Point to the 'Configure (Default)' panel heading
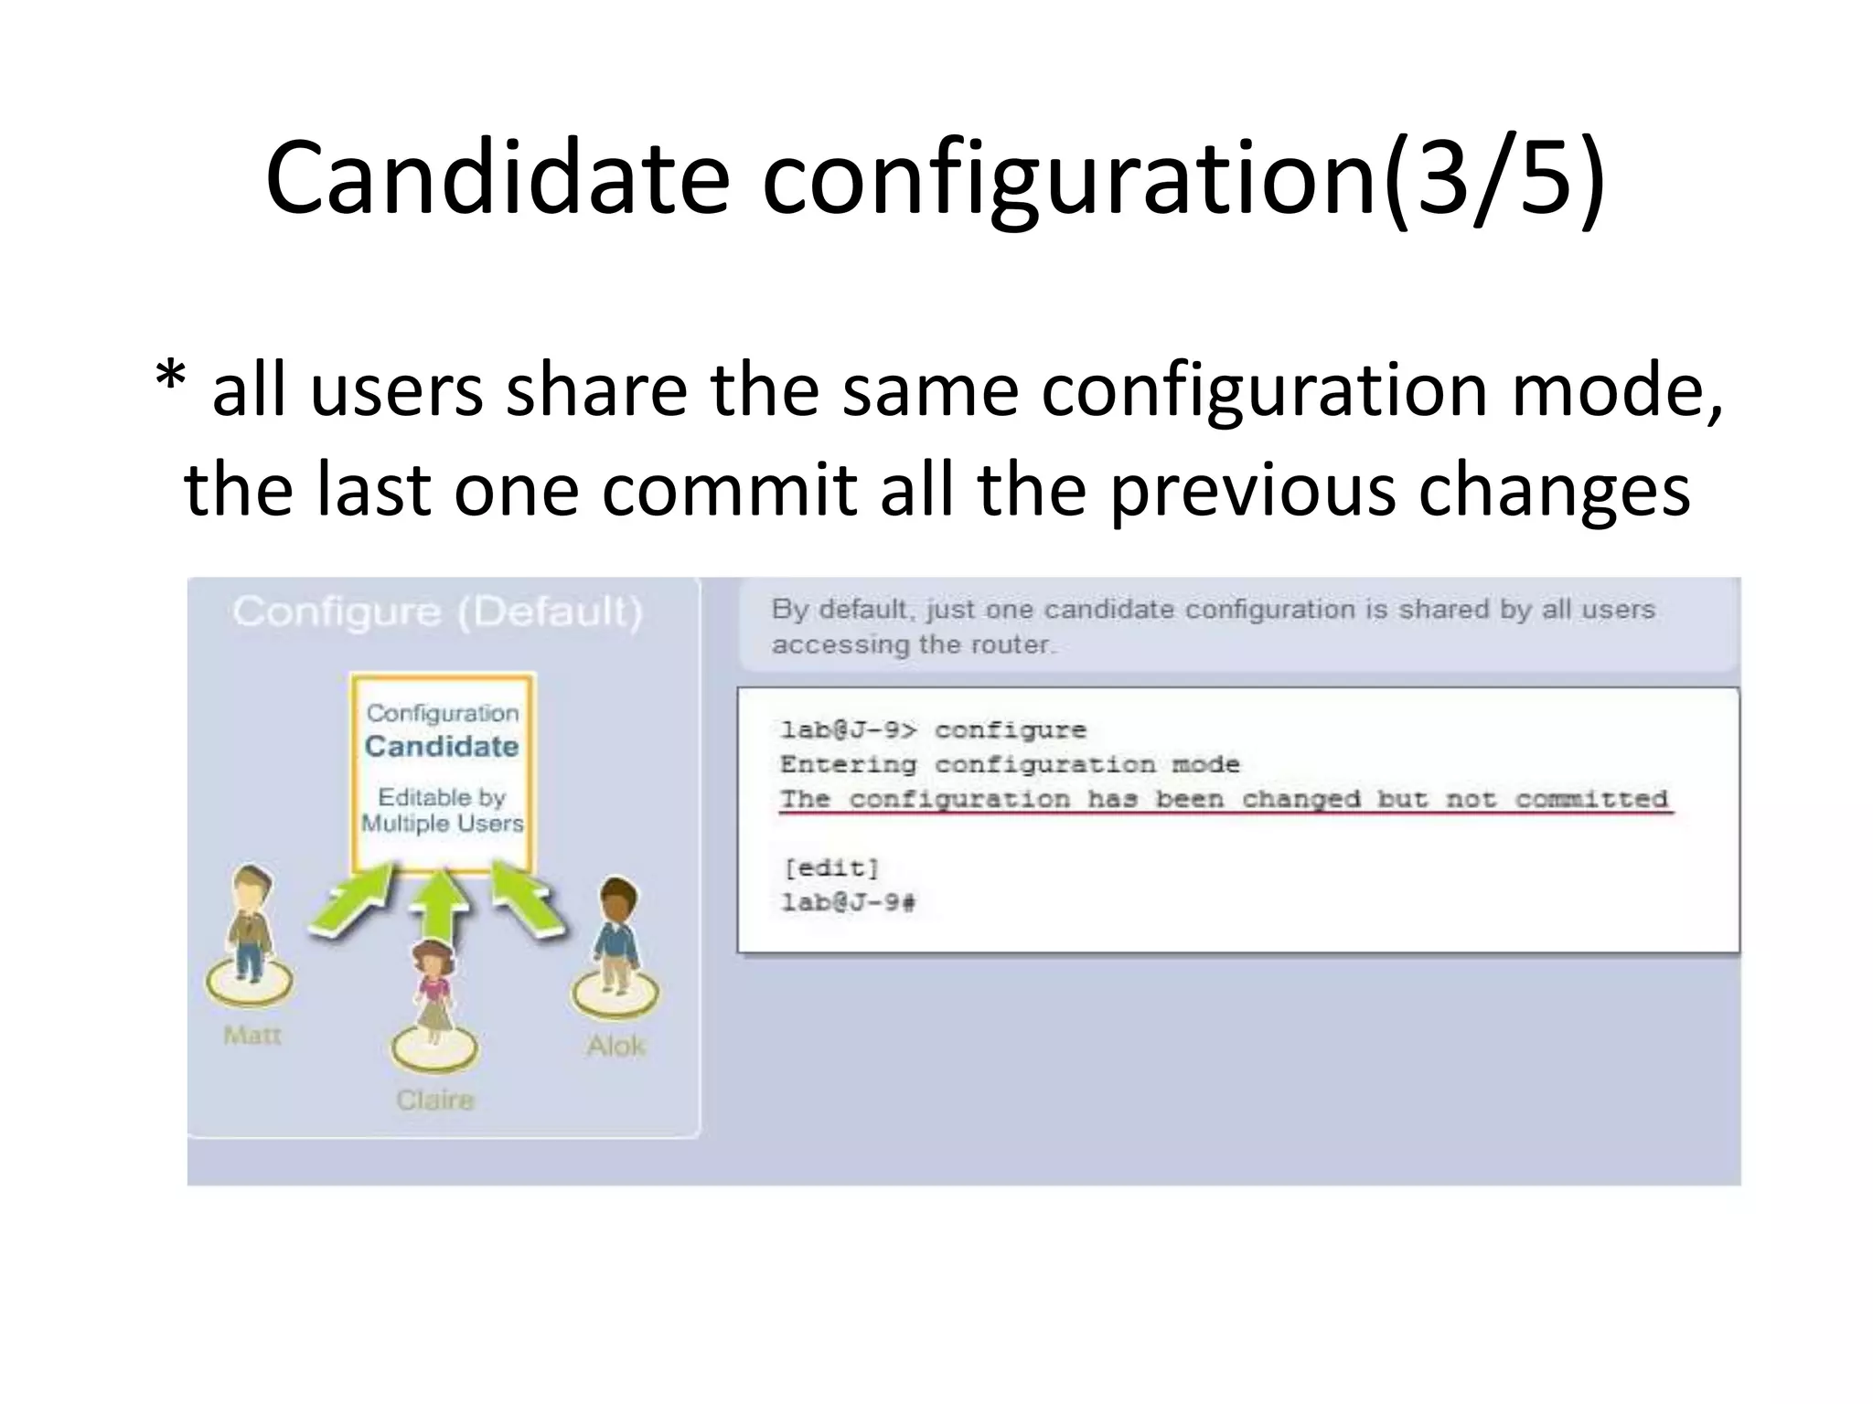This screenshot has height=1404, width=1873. pos(437,612)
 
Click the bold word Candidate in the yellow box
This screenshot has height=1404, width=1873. pos(442,747)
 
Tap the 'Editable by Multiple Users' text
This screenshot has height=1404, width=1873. pos(442,810)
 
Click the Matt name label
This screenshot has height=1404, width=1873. pos(252,1036)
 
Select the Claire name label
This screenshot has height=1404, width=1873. pos(435,1099)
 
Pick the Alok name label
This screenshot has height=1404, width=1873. pos(615,1046)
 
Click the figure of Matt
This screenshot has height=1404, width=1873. pos(249,923)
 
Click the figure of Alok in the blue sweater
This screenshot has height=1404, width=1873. pos(615,937)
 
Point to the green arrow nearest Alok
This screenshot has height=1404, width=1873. pos(528,899)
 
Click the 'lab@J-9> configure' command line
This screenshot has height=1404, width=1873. pos(933,729)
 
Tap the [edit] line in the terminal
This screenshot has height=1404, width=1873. pos(830,867)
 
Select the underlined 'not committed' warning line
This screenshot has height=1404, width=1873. pos(1224,799)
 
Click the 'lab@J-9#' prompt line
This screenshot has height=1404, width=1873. pos(848,903)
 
